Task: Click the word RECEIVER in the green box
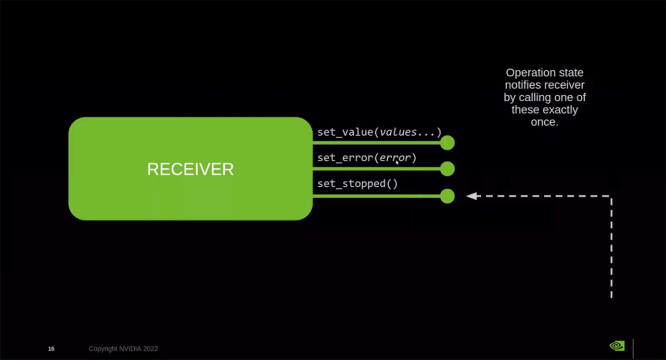190,169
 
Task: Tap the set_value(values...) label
379,132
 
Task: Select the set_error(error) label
367,158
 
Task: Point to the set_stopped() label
357,184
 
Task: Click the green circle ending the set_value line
447,143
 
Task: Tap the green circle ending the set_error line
447,169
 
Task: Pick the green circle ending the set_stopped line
447,196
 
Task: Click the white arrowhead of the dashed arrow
472,196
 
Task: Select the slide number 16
51,349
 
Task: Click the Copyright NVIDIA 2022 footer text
123,349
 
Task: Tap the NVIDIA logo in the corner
617,346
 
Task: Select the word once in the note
544,123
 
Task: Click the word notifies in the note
523,85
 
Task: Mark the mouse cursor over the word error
397,162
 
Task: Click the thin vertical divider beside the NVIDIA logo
633,348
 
